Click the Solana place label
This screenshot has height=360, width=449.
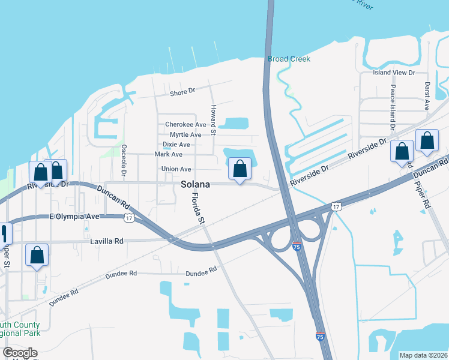point(196,185)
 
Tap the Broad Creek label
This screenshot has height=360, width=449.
point(289,59)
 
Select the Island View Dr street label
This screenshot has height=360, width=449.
point(394,73)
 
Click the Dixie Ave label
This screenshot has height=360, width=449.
point(176,145)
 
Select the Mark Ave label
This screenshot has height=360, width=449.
point(169,154)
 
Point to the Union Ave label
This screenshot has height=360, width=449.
point(176,169)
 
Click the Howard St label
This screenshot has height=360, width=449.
point(212,119)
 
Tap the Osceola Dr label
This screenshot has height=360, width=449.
point(124,160)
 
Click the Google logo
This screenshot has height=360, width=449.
point(20,353)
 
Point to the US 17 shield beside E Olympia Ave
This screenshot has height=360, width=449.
point(129,218)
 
